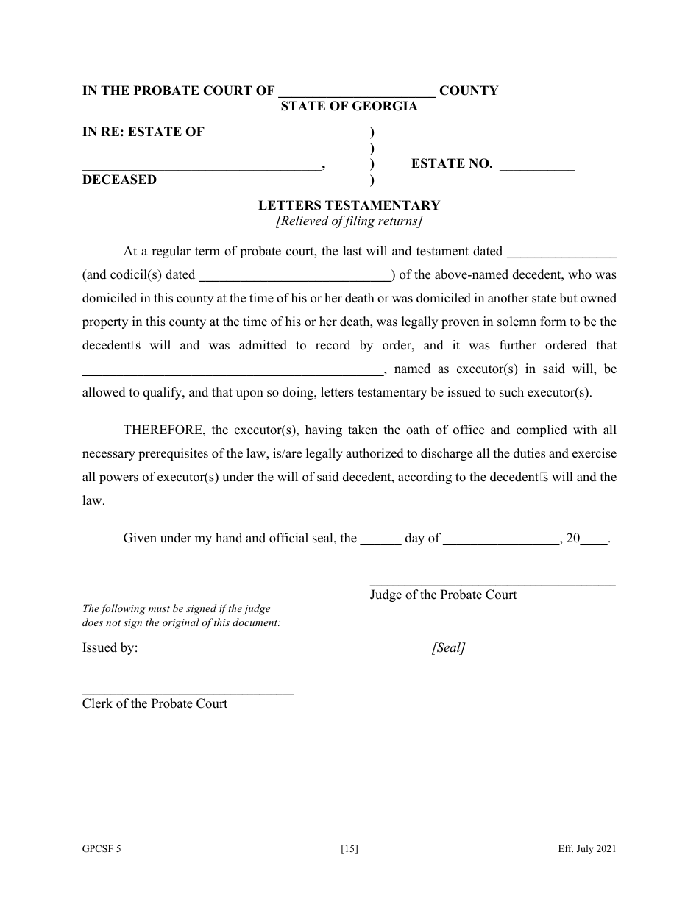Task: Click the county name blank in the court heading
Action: click(357, 91)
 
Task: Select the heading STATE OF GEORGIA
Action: click(349, 107)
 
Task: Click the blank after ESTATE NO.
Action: click(536, 165)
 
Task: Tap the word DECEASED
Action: click(119, 180)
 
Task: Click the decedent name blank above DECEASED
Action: click(202, 165)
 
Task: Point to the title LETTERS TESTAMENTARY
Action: click(349, 206)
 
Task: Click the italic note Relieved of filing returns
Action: click(349, 221)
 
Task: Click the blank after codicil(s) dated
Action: click(296, 276)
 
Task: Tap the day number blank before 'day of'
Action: click(380, 539)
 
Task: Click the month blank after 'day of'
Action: click(503, 539)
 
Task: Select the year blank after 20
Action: click(595, 539)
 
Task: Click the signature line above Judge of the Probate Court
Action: click(492, 585)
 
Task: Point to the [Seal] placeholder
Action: click(448, 648)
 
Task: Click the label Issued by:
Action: click(110, 648)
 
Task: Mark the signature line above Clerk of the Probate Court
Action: click(188, 693)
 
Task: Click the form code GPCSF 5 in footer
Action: click(102, 850)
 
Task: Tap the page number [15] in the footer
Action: click(349, 850)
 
